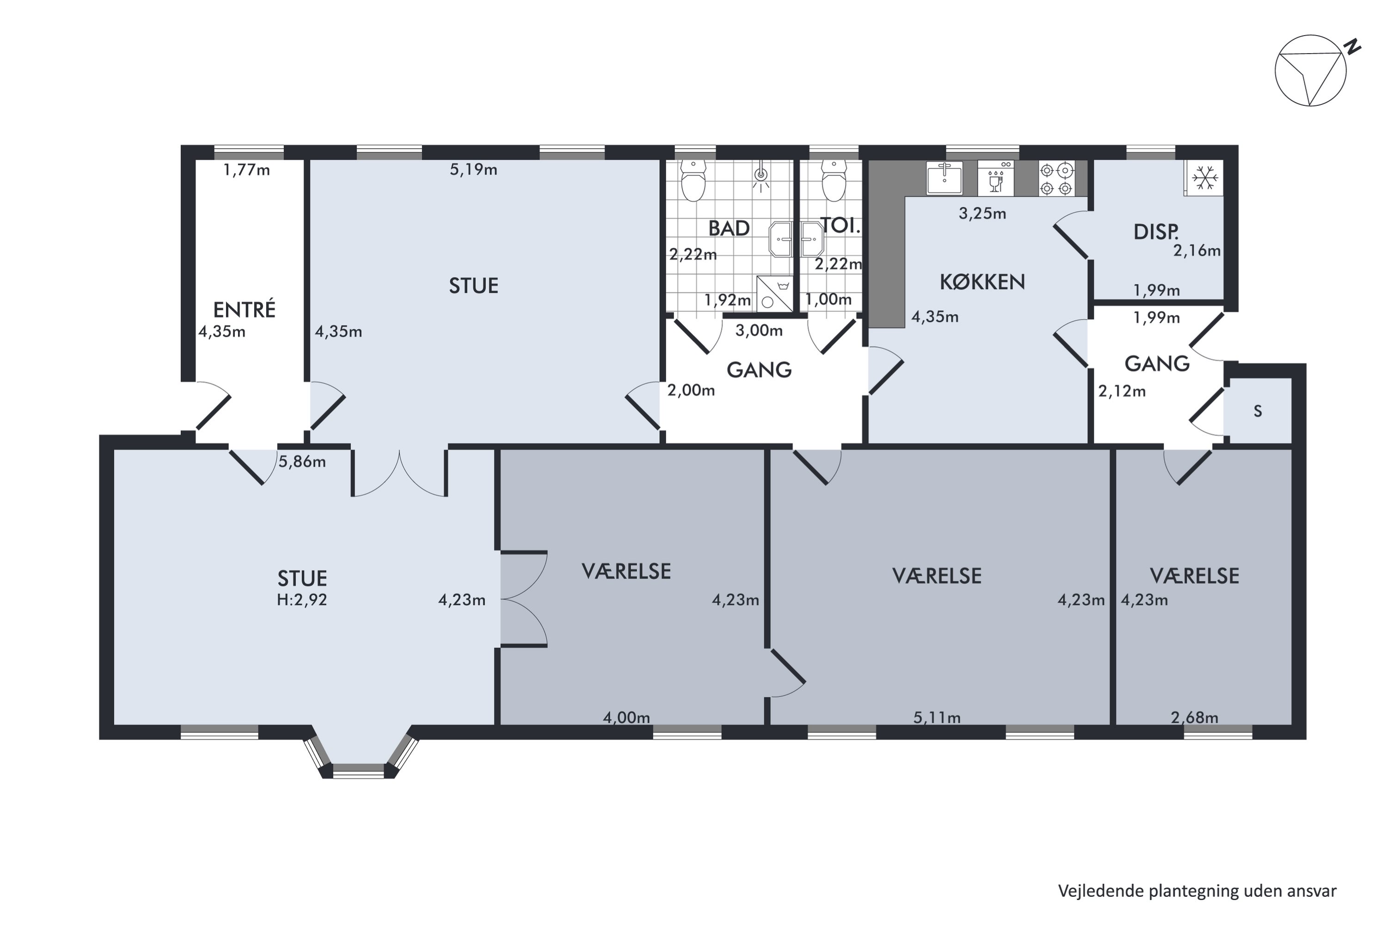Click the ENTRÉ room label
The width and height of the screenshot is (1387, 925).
(244, 310)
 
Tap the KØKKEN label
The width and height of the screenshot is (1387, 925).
(982, 282)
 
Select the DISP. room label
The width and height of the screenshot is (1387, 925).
(1156, 232)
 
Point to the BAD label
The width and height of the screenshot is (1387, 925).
(729, 228)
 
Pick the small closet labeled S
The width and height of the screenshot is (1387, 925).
(1258, 411)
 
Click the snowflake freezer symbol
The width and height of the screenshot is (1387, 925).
(1204, 178)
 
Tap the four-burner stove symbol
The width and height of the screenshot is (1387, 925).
(1056, 179)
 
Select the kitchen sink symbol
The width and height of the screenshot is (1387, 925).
(945, 178)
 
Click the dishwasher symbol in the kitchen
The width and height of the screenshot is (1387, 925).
(996, 178)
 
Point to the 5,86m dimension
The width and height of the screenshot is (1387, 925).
(302, 461)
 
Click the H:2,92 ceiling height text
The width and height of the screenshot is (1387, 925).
(302, 600)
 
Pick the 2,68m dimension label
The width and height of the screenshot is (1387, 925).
(1195, 717)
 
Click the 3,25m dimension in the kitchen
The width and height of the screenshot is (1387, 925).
(982, 214)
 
